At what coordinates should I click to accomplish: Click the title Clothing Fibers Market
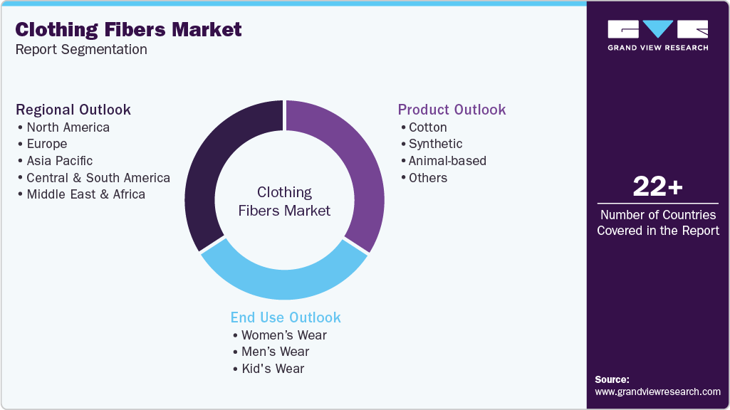pyautogui.click(x=129, y=30)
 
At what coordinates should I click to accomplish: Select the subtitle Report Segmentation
pyautogui.click(x=81, y=49)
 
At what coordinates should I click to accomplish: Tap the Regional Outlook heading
pyautogui.click(x=73, y=110)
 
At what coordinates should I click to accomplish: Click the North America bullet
pyautogui.click(x=68, y=127)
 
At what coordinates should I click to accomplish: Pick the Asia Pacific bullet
pyautogui.click(x=59, y=161)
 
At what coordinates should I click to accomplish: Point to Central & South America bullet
pyautogui.click(x=98, y=178)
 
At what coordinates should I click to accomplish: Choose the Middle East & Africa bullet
pyautogui.click(x=85, y=194)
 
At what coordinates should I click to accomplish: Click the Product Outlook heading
pyautogui.click(x=452, y=110)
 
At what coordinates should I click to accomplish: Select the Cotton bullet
pyautogui.click(x=427, y=127)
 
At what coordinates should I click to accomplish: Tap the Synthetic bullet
pyautogui.click(x=435, y=144)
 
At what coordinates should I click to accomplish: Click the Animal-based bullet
pyautogui.click(x=447, y=161)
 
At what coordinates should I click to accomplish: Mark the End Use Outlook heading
pyautogui.click(x=286, y=317)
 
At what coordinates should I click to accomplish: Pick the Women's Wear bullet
pyautogui.click(x=283, y=335)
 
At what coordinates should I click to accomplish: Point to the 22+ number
pyautogui.click(x=657, y=187)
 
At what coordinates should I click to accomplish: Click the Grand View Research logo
pyautogui.click(x=657, y=35)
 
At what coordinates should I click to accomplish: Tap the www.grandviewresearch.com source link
pyautogui.click(x=657, y=391)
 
